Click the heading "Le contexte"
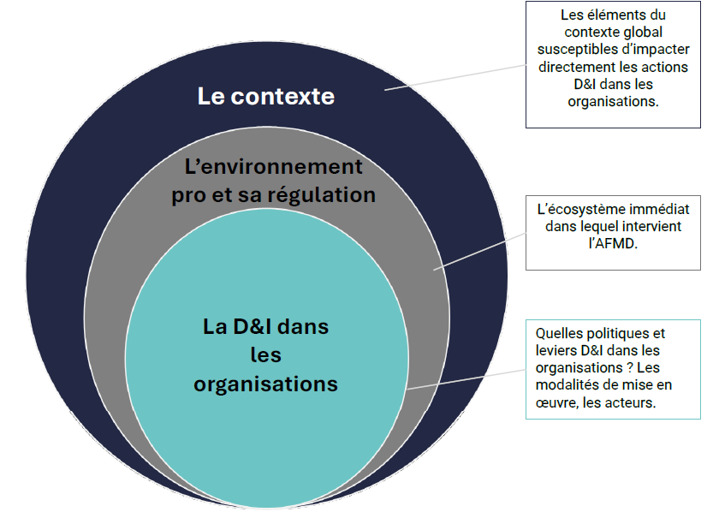click(265, 96)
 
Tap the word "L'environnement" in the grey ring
click(274, 166)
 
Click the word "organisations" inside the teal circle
click(265, 384)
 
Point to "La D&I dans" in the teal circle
click(265, 326)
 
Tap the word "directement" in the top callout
click(580, 66)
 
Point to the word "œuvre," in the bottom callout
click(556, 402)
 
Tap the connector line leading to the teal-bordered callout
click(466, 378)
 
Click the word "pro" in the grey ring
click(187, 195)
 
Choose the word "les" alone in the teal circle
click(265, 354)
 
